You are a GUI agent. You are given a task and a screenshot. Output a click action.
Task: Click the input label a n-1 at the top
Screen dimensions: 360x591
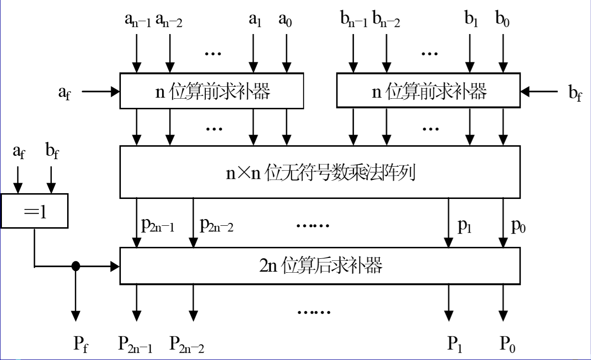pyautogui.click(x=136, y=21)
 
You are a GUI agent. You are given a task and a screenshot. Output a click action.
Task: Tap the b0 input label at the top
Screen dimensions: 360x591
pyautogui.click(x=502, y=21)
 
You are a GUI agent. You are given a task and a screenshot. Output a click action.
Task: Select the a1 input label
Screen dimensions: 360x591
pyautogui.click(x=254, y=21)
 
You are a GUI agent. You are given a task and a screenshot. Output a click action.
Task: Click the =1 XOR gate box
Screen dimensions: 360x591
pyautogui.click(x=35, y=211)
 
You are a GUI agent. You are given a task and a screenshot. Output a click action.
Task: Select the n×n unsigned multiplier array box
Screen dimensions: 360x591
pyautogui.click(x=319, y=172)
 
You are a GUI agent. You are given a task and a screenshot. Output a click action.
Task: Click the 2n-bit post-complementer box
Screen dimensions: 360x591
pyautogui.click(x=319, y=266)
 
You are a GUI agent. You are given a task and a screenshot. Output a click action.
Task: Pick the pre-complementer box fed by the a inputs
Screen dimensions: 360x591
pyautogui.click(x=212, y=90)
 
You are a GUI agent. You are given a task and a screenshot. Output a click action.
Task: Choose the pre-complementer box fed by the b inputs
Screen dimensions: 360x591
pyautogui.click(x=428, y=90)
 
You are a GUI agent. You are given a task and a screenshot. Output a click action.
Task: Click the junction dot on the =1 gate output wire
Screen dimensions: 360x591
pyautogui.click(x=75, y=265)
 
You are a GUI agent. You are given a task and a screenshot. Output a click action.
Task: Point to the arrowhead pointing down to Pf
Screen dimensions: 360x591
pyautogui.click(x=75, y=315)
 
